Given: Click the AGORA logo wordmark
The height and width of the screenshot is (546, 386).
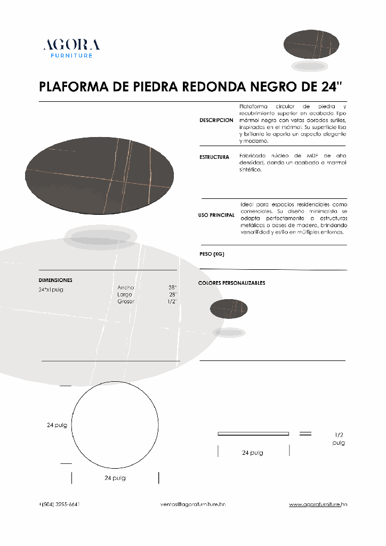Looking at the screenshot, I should pos(71,45).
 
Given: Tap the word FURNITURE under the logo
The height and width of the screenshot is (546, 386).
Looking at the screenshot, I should pos(71,55).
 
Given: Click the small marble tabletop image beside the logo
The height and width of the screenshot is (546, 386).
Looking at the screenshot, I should pos(311,44).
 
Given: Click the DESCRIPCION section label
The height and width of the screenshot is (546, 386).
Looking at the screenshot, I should pos(216,121).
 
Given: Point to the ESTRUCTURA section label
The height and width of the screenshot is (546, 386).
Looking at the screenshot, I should pos(214,157).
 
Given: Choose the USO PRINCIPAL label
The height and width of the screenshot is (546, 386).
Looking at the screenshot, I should pos(216,215).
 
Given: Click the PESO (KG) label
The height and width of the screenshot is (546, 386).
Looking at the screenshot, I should pos(212,254).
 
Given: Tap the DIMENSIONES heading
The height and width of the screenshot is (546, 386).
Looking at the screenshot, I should pos(55,280).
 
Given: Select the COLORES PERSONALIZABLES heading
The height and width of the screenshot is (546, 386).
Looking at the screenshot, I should pos(231,283).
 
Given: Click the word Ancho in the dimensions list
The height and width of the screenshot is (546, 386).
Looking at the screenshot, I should pos(126,287).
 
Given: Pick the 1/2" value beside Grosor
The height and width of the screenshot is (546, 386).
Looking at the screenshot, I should pos(172,301).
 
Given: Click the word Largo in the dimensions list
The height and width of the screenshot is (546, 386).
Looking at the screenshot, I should pos(125,294).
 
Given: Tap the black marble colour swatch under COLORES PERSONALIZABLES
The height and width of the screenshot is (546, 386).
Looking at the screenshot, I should pos(229,309).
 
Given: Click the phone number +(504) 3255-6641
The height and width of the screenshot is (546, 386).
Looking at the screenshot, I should pos(60,504).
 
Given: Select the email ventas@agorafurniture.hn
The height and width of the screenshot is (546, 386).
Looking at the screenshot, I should pos(193,504).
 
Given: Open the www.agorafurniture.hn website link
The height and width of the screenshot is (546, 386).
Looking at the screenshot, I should pos(318,504).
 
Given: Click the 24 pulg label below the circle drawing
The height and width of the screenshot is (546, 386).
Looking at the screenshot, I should pos(115,478).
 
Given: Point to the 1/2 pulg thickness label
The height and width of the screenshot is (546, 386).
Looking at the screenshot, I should pos(339,439).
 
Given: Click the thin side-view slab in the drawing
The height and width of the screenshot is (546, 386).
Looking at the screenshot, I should pos(253,433).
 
